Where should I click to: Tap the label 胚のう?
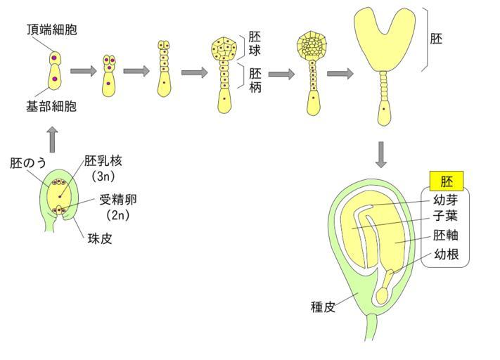pos(28,163)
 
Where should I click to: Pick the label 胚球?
pos(254,43)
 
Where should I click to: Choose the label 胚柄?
pos(255,79)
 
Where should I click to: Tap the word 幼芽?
pos(447,199)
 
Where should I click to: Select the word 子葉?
pos(447,217)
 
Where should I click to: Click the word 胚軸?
pos(447,236)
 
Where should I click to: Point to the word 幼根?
pos(447,255)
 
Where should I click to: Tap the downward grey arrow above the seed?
pos(381,155)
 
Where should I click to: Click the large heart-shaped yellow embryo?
pos(384,42)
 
